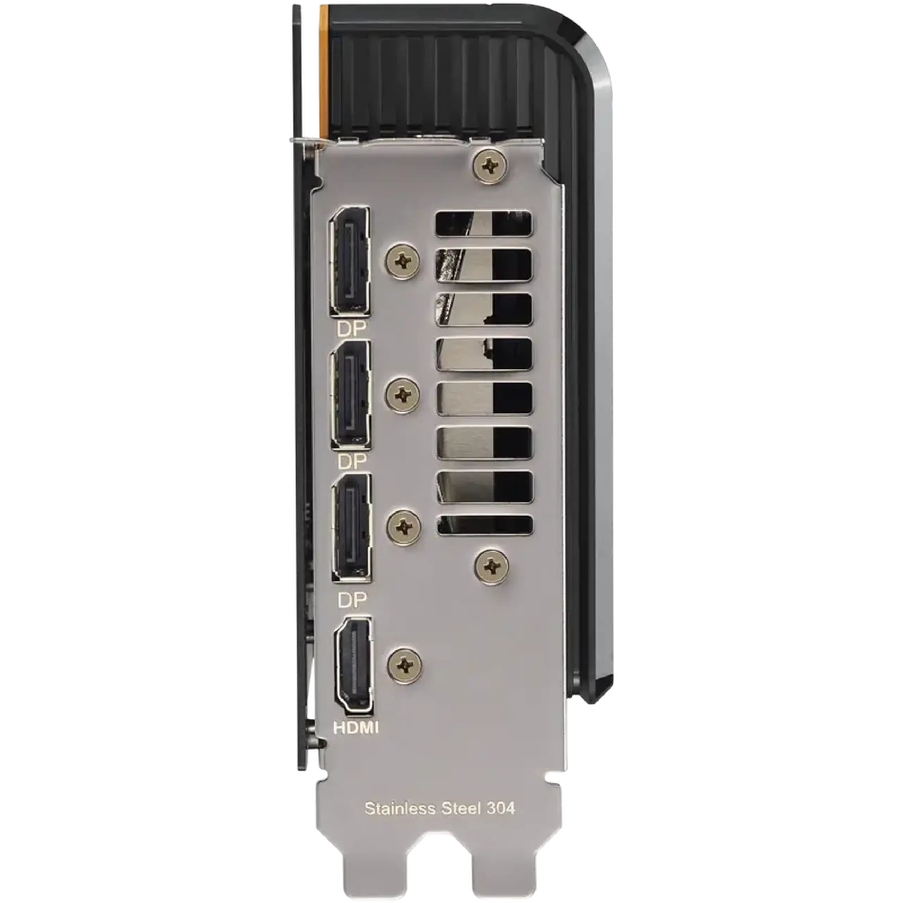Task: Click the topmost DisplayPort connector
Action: [x=350, y=261]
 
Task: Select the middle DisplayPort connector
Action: [x=351, y=395]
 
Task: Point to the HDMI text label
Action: [x=356, y=728]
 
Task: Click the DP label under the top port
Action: [x=351, y=329]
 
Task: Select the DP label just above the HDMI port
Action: [x=352, y=600]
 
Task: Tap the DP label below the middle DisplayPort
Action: [x=351, y=462]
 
